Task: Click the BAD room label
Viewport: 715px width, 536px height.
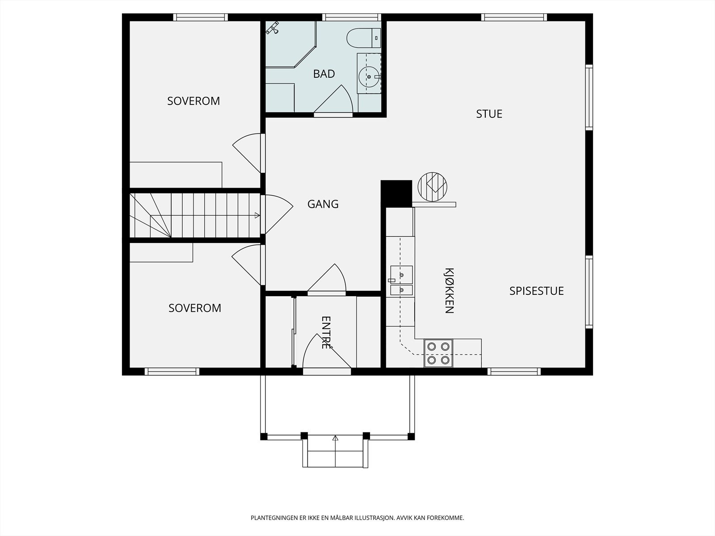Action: point(324,74)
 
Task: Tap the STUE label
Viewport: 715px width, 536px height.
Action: point(489,114)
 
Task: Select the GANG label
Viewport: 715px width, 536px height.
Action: point(323,204)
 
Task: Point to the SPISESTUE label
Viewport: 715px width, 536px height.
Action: point(537,291)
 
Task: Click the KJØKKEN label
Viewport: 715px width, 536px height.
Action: point(450,291)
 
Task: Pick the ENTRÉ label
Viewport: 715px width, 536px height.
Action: point(326,333)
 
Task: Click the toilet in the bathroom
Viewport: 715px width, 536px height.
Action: point(363,38)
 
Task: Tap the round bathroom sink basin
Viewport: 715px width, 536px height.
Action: point(369,77)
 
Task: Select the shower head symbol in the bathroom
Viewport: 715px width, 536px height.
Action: point(273,28)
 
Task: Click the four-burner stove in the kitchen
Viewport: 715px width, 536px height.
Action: point(438,353)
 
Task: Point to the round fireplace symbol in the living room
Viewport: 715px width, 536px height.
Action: point(433,187)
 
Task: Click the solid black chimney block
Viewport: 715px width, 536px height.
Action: point(396,194)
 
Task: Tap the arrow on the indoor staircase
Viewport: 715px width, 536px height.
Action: point(257,215)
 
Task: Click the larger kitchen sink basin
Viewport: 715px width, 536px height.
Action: point(402,275)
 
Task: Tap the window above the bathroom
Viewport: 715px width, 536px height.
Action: point(352,17)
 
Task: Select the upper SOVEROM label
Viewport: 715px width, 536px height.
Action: point(193,101)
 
